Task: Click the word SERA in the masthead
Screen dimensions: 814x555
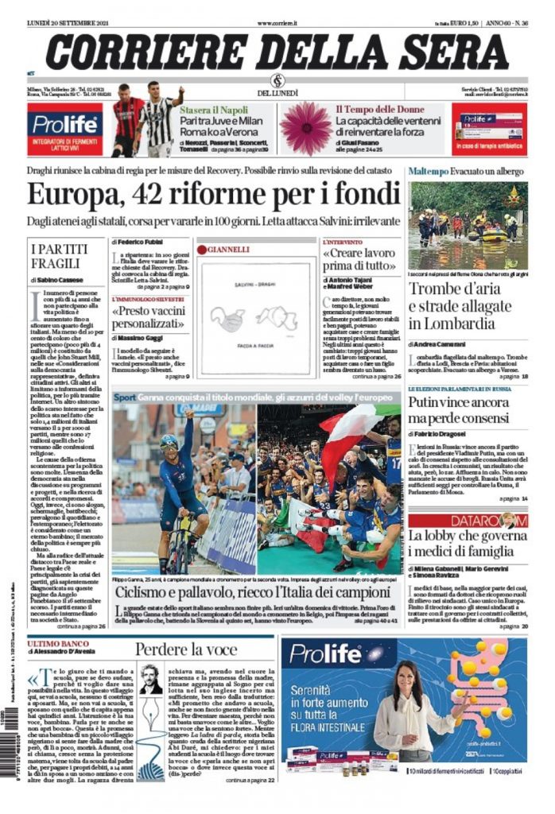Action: (x=449, y=49)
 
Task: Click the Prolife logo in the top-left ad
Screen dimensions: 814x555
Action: (x=64, y=125)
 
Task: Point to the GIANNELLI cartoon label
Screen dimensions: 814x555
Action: (x=230, y=249)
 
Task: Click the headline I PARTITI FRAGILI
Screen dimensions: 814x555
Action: (x=57, y=257)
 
